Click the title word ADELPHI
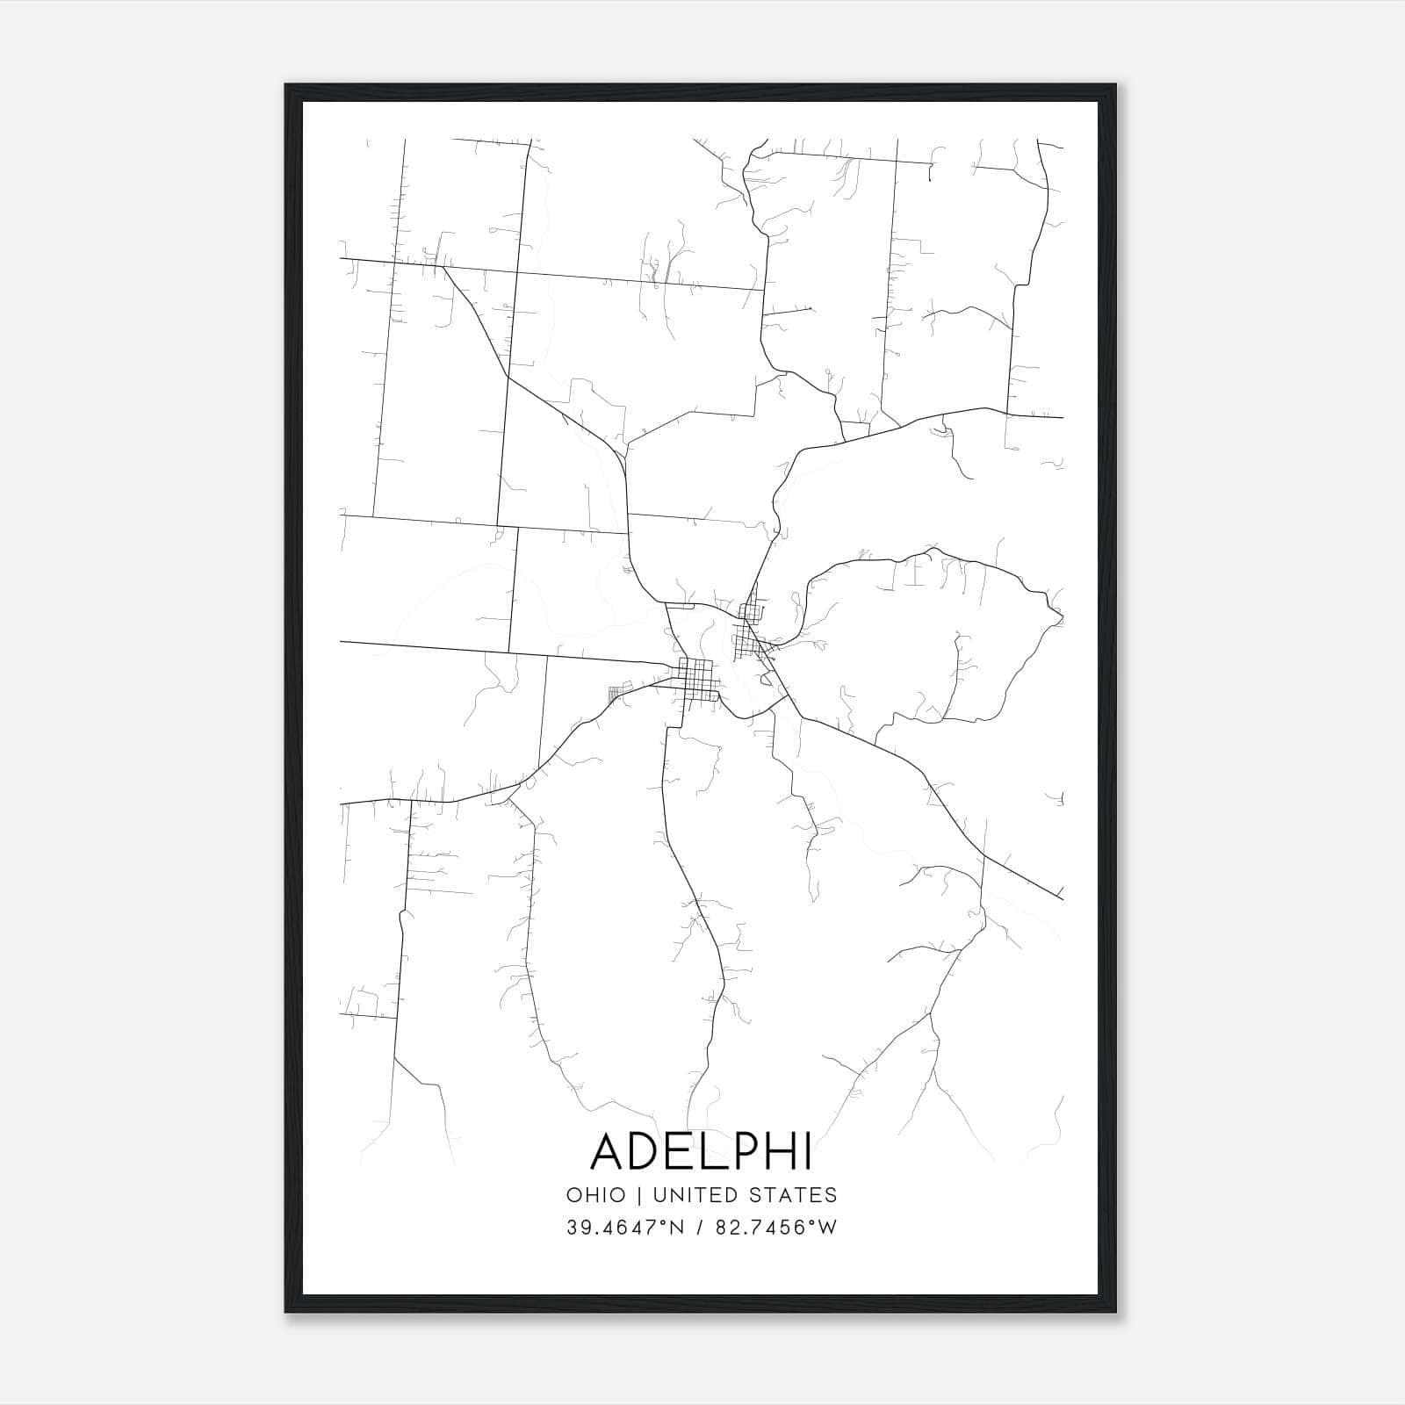click(x=701, y=1150)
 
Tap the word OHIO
click(x=596, y=1195)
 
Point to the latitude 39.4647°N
click(x=625, y=1228)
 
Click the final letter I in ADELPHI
click(x=806, y=1150)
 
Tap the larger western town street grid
click(x=698, y=680)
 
